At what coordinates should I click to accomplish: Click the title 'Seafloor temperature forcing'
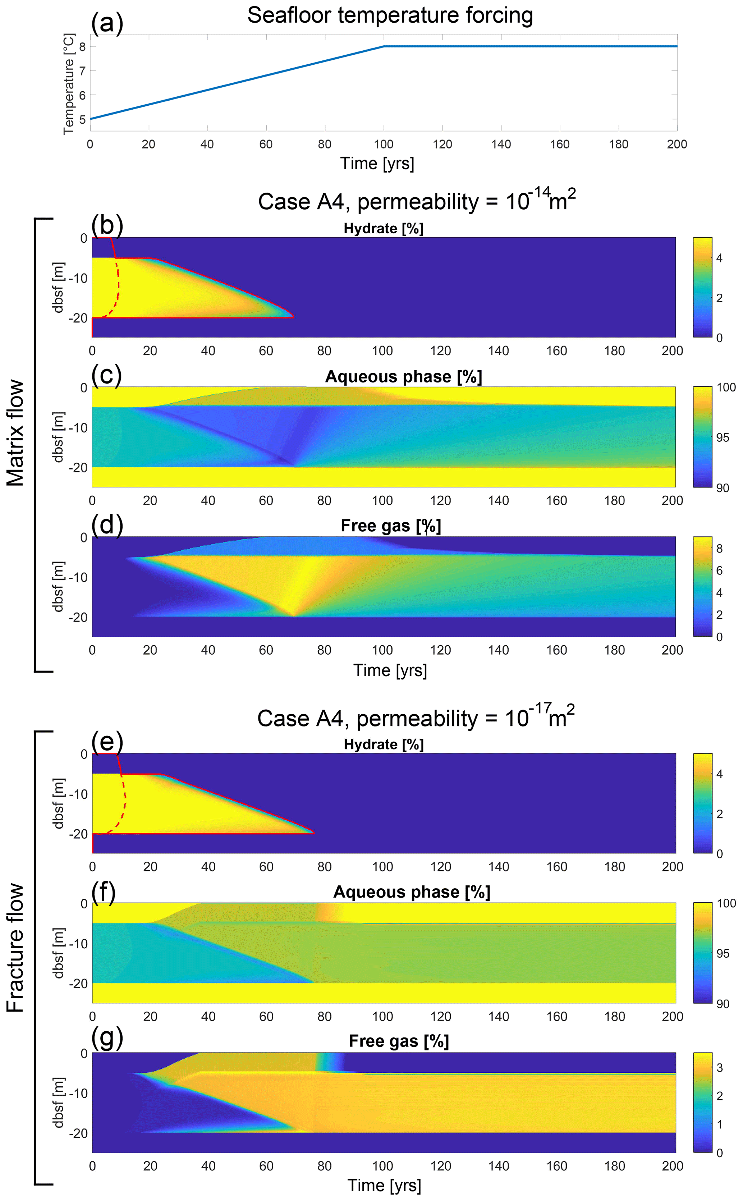(x=390, y=15)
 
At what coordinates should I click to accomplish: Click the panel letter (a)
(x=107, y=23)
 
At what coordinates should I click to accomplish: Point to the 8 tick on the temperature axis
(x=82, y=47)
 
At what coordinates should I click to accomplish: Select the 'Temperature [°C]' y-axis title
(x=68, y=83)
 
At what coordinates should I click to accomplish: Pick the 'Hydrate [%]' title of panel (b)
(x=383, y=229)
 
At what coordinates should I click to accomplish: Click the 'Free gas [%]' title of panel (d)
(x=391, y=526)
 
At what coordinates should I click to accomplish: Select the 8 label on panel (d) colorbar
(x=719, y=549)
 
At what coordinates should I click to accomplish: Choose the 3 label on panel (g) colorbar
(x=719, y=1067)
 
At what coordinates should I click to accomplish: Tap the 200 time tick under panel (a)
(x=677, y=145)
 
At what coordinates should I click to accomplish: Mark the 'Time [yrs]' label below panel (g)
(x=384, y=1185)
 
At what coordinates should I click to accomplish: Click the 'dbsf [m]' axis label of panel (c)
(x=58, y=437)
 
